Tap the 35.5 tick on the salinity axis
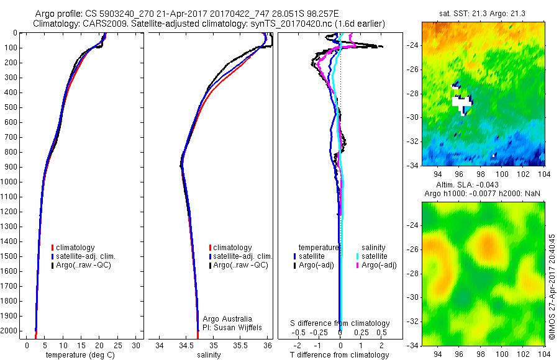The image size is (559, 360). click(240, 345)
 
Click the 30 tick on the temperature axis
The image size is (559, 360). click(136, 345)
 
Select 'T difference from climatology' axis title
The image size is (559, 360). click(339, 355)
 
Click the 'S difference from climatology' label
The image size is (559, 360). click(340, 323)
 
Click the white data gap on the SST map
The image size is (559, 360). click(462, 102)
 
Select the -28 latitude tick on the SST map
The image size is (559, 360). click(412, 93)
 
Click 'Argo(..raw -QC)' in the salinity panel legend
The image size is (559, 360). click(240, 265)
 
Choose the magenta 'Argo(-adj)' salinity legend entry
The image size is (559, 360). click(375, 265)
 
